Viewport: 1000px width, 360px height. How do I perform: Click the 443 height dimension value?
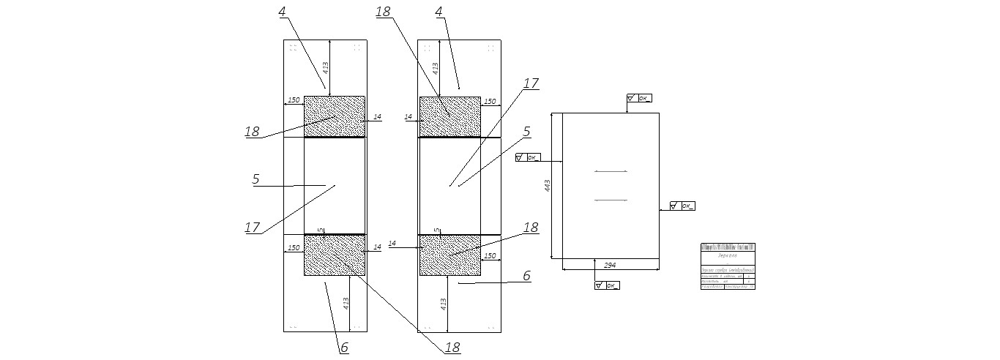point(548,187)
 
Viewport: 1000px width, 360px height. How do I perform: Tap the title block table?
point(728,266)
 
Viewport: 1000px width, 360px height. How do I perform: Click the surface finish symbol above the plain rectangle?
point(639,97)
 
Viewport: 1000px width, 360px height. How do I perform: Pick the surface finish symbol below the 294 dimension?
point(607,285)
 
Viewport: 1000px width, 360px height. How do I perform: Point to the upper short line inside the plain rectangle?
point(611,171)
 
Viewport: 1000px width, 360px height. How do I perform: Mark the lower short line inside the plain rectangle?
point(611,199)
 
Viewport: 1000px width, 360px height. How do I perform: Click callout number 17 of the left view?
point(252,228)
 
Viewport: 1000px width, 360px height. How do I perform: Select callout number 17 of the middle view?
point(531,83)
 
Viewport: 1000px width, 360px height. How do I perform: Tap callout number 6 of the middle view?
point(526,276)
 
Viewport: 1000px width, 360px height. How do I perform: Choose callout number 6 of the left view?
point(344,348)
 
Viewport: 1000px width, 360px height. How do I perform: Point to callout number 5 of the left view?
point(256,179)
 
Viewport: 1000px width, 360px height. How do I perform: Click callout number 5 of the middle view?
point(526,132)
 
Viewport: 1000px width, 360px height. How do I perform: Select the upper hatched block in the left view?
point(334,116)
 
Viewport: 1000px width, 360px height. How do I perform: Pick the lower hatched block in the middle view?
point(449,255)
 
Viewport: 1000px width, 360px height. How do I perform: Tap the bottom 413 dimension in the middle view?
point(443,304)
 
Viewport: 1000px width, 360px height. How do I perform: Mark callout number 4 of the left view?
point(283,12)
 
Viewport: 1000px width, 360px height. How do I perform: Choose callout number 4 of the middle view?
point(439,12)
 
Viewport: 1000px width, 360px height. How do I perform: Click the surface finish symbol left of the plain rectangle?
point(527,157)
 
